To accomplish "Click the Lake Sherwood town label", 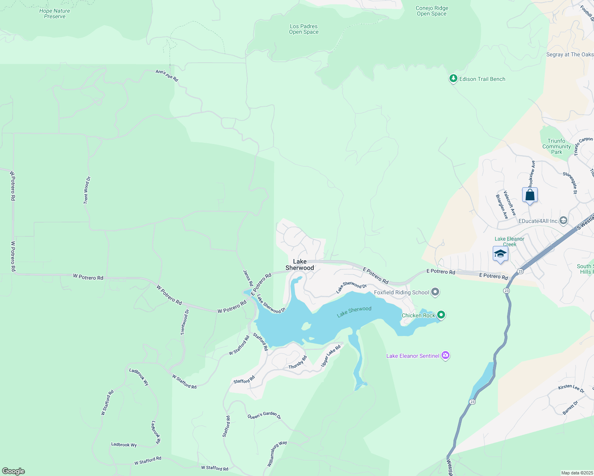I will pos(300,265).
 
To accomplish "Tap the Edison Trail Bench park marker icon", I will pos(453,79).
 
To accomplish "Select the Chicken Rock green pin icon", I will pos(441,315).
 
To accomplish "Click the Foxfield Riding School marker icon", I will pos(435,292).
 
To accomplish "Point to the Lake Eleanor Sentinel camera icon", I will pos(445,355).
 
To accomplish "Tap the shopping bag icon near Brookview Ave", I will pos(530,195).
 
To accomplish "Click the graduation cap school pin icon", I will pos(500,254).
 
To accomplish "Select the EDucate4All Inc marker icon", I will pos(563,221).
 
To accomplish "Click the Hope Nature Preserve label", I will pos(55,13).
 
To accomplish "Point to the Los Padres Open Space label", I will pos(304,29).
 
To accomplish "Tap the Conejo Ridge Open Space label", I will pos(432,11).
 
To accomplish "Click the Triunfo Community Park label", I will pos(556,146).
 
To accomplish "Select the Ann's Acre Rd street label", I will pos(167,75).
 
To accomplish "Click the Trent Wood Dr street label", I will pos(87,190).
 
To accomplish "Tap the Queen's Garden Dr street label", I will pos(264,415).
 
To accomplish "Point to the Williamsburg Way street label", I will pos(277,453).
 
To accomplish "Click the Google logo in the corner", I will pos(13,471).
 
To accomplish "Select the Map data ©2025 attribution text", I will pos(577,473).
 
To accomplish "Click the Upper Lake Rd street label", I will pos(331,356).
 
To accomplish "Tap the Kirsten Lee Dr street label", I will pos(571,388).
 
